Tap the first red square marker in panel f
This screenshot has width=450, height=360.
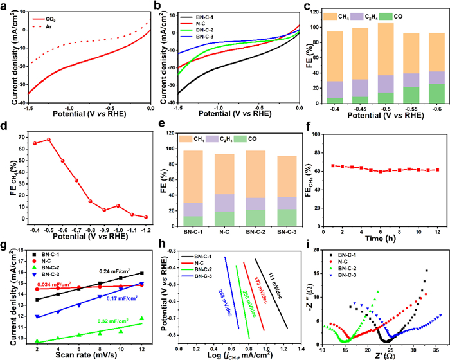(x=334, y=165)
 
